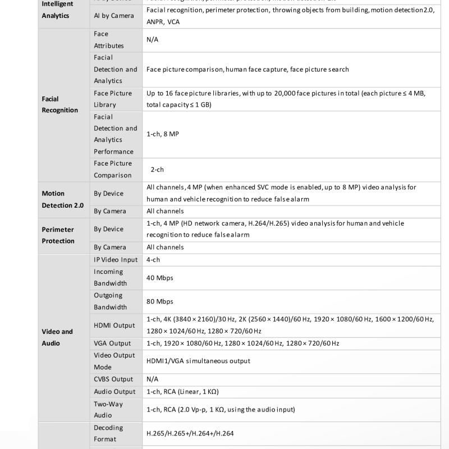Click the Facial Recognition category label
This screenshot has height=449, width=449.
59,104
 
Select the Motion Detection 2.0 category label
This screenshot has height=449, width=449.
62,199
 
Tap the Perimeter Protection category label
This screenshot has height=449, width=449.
58,235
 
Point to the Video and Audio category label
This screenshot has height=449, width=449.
57,337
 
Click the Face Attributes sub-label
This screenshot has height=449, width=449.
109,40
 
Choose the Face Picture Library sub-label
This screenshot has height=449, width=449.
113,99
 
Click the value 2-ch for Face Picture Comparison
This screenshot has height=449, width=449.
157,169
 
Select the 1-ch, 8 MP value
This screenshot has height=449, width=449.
162,134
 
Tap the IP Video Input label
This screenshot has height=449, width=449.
116,260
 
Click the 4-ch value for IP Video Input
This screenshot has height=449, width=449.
153,260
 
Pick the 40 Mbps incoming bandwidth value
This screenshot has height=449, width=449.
160,277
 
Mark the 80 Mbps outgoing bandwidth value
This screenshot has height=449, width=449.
160,301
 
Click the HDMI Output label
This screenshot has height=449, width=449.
114,325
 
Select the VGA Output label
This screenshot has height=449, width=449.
112,343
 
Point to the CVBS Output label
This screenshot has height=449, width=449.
113,379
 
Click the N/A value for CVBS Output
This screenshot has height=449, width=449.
152,379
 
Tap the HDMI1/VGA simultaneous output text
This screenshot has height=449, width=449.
198,361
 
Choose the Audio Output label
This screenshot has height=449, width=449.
114,391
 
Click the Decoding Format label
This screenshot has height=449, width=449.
108,433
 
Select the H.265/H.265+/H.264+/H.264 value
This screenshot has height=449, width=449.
190,433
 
